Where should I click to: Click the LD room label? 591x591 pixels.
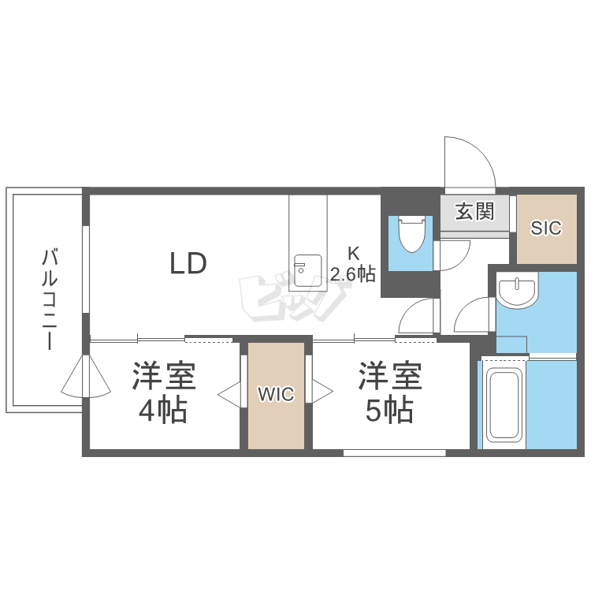(x=188, y=263)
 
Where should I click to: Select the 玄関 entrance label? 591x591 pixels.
(x=474, y=210)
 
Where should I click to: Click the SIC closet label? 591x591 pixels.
(x=545, y=229)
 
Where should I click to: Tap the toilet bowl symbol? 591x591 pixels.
(x=411, y=233)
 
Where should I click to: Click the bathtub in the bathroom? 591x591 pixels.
(x=504, y=407)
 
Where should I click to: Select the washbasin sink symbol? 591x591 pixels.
(x=517, y=291)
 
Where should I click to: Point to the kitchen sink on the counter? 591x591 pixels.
(x=304, y=270)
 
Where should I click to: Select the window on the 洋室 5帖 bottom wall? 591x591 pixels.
(x=395, y=452)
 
